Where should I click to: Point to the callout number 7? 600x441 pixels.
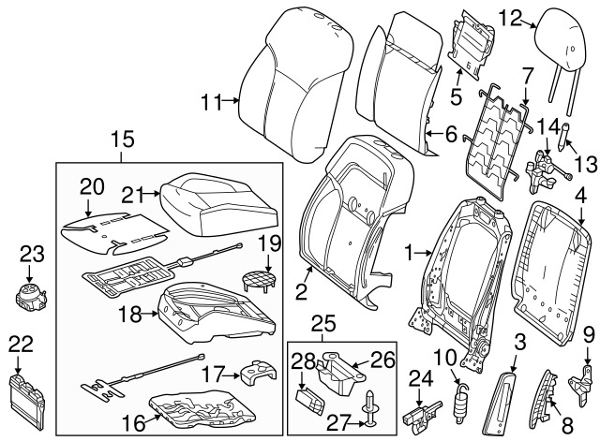tap(527, 74)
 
